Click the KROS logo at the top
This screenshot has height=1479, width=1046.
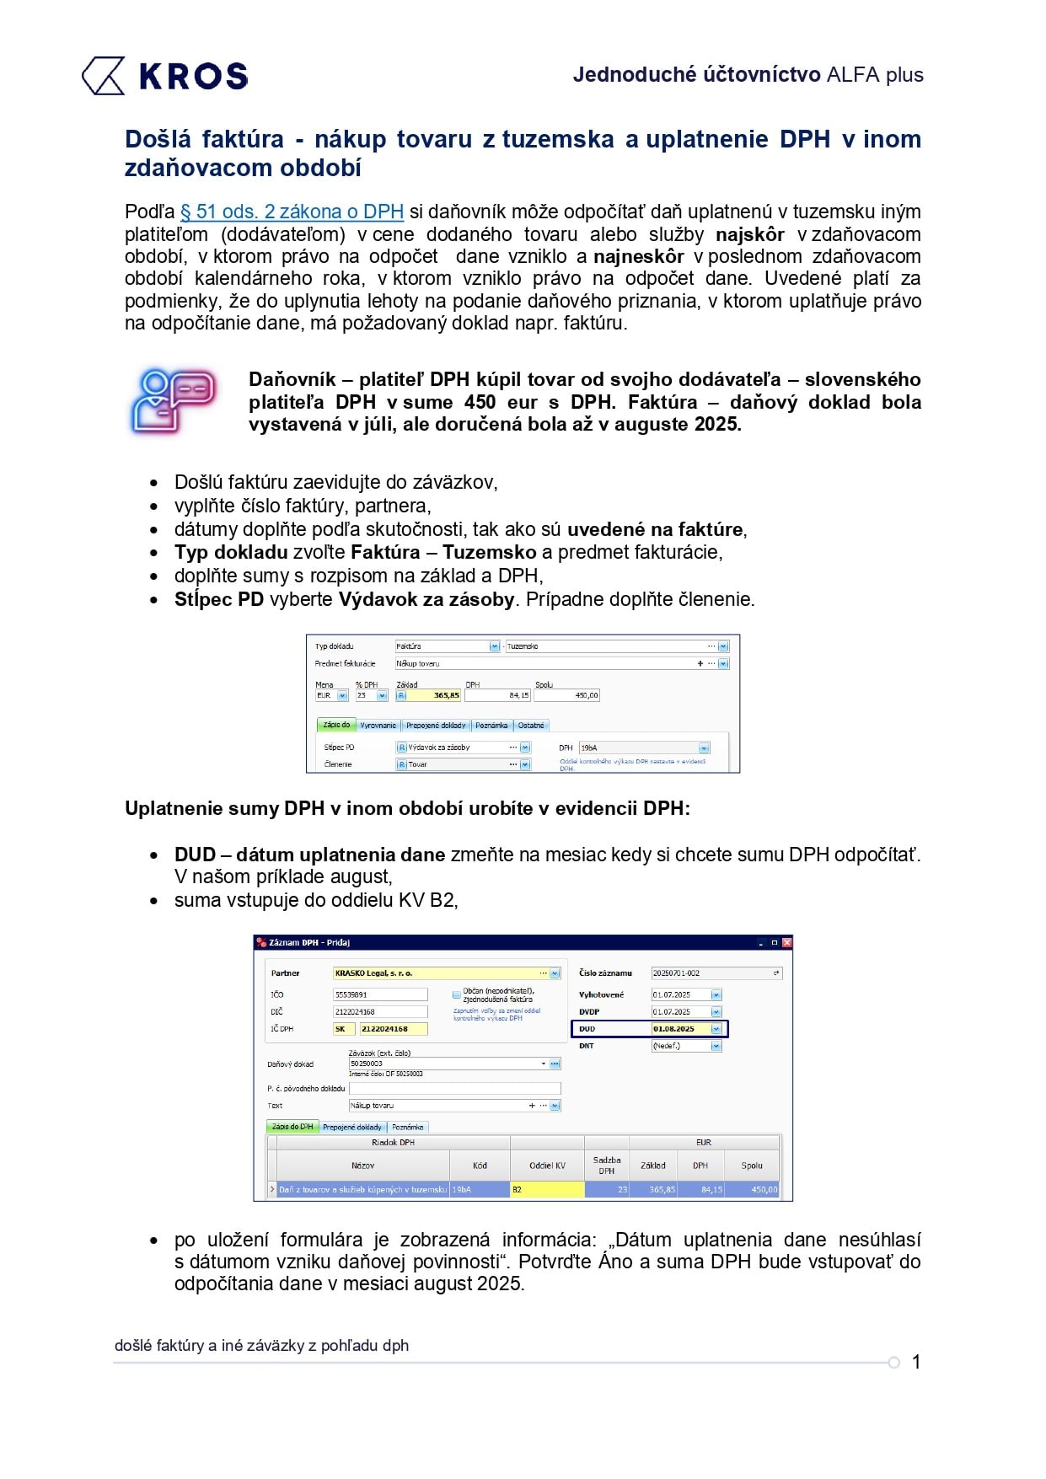[164, 76]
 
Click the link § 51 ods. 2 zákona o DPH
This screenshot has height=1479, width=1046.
[292, 212]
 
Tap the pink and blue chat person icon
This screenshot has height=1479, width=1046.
[174, 400]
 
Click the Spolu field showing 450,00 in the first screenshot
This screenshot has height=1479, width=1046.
[566, 695]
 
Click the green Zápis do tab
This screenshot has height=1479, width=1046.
[336, 725]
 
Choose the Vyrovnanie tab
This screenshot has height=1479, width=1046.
[378, 725]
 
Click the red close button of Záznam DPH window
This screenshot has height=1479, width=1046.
[786, 942]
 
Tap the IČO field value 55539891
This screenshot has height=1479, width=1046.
[379, 994]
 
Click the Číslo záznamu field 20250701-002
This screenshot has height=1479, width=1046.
[712, 973]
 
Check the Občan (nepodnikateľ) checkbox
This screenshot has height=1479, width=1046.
[457, 994]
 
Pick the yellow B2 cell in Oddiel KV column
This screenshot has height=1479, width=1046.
[547, 1190]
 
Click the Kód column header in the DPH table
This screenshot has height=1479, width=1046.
[480, 1166]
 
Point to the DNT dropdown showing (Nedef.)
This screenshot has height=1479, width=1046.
[686, 1046]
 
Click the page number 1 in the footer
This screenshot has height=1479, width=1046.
[916, 1362]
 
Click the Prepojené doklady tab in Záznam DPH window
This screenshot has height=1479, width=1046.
[352, 1127]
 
